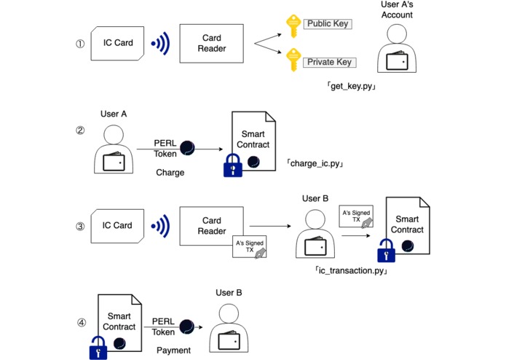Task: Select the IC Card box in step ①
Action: click(x=117, y=43)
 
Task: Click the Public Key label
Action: click(x=328, y=24)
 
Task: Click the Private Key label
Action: click(x=329, y=63)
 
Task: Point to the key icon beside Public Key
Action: click(x=293, y=26)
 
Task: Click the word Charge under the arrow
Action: click(x=170, y=173)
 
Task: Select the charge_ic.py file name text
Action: click(x=315, y=163)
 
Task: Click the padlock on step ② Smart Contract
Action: click(x=232, y=167)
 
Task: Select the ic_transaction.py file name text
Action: click(x=349, y=270)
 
